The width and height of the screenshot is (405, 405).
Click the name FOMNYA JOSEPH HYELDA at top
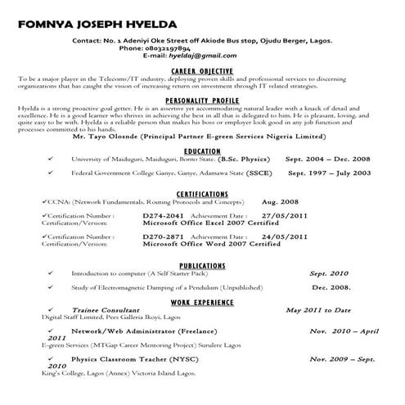(99, 22)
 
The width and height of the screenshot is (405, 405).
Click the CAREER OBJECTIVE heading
(201, 70)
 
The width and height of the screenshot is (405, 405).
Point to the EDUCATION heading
(201, 151)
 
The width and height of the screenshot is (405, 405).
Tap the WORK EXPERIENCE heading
(201, 302)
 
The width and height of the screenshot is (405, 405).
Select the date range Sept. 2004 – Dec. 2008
(327, 160)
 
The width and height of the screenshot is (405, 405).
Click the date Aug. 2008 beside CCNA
(279, 200)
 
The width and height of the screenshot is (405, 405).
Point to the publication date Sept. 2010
(328, 273)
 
